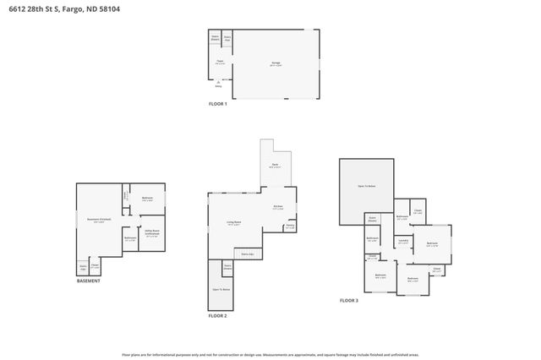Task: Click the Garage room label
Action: tap(276, 63)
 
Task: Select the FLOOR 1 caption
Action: tap(218, 104)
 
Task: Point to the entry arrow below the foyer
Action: tap(217, 82)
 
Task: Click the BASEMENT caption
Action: tap(89, 281)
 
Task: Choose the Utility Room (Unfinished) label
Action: tap(151, 231)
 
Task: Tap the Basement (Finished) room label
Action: tap(99, 221)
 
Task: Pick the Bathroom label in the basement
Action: tap(130, 238)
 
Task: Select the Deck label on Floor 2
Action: tap(275, 166)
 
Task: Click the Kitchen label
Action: tap(277, 207)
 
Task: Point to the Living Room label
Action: tap(232, 223)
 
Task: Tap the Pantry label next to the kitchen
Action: tap(289, 226)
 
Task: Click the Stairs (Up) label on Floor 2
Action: tap(248, 253)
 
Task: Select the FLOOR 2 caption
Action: tap(217, 316)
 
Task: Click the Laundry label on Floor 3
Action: tap(403, 241)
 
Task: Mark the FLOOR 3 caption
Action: tap(349, 301)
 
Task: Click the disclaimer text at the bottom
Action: tap(270, 355)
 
